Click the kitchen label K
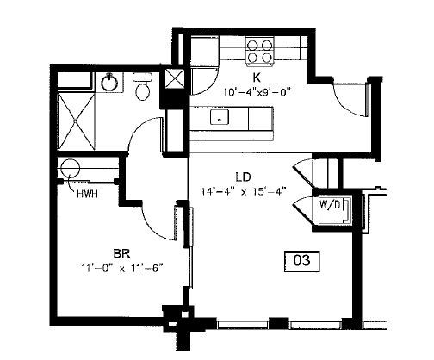257,77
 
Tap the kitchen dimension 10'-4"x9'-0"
257,93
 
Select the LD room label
243,177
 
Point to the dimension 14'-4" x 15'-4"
244,191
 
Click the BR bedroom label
122,254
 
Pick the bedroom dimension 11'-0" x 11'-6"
122,269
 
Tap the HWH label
87,194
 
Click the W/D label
330,204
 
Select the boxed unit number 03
301,262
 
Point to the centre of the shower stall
76,121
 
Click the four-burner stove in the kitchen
259,52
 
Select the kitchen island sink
220,117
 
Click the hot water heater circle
71,168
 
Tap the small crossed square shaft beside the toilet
174,79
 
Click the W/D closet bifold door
303,209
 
